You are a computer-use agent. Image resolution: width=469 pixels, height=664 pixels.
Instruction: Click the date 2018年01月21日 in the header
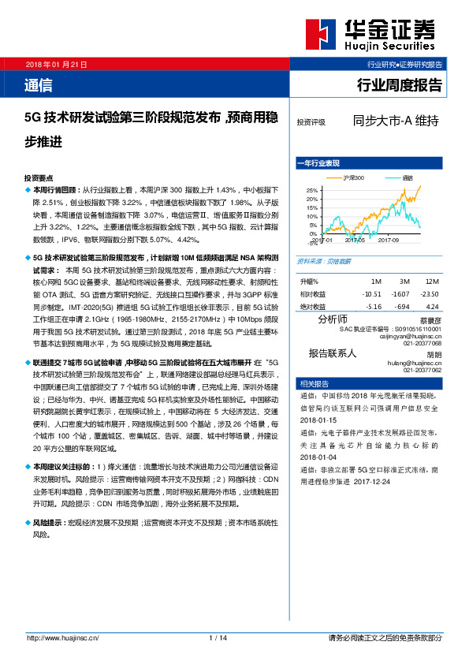point(57,63)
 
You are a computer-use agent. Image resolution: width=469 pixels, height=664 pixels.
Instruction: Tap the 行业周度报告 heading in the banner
point(400,85)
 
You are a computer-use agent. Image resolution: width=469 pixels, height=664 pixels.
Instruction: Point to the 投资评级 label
point(311,123)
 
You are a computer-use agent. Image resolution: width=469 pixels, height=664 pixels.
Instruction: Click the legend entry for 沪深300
point(352,178)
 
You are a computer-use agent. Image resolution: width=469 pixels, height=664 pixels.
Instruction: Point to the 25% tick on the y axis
point(311,191)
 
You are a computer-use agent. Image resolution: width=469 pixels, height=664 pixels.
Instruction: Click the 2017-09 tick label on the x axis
point(389,240)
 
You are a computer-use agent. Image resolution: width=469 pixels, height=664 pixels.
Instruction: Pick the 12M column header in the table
point(431,282)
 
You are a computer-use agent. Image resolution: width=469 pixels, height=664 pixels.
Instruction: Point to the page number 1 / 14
point(218,637)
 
